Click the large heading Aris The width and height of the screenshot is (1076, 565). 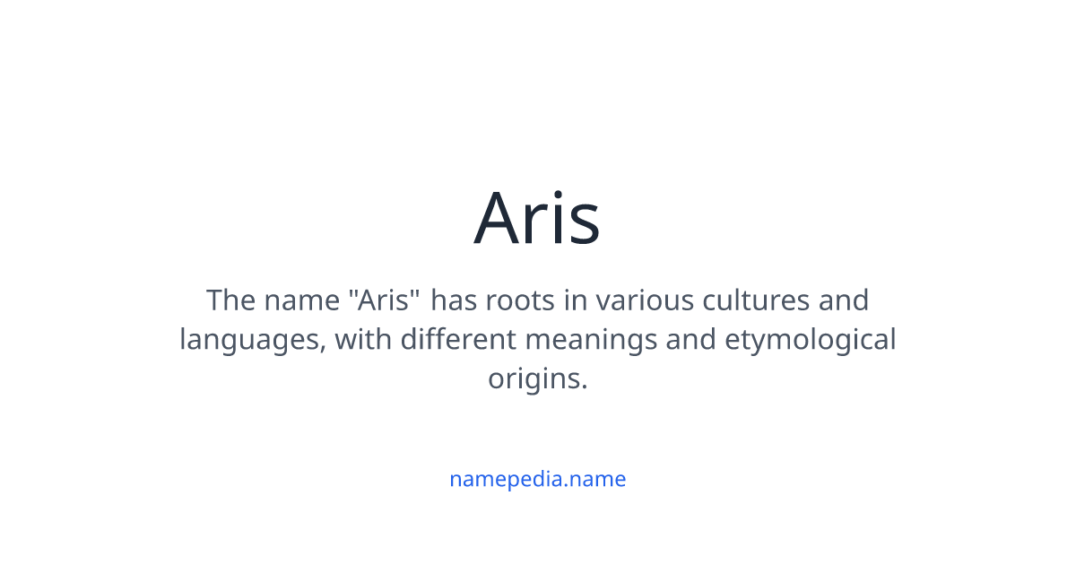[537, 218]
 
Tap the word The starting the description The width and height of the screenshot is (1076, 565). [230, 300]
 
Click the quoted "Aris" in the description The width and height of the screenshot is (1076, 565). [384, 300]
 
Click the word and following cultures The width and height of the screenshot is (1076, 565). [844, 300]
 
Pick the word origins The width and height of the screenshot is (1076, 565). [537, 379]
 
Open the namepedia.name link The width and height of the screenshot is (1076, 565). [537, 479]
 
